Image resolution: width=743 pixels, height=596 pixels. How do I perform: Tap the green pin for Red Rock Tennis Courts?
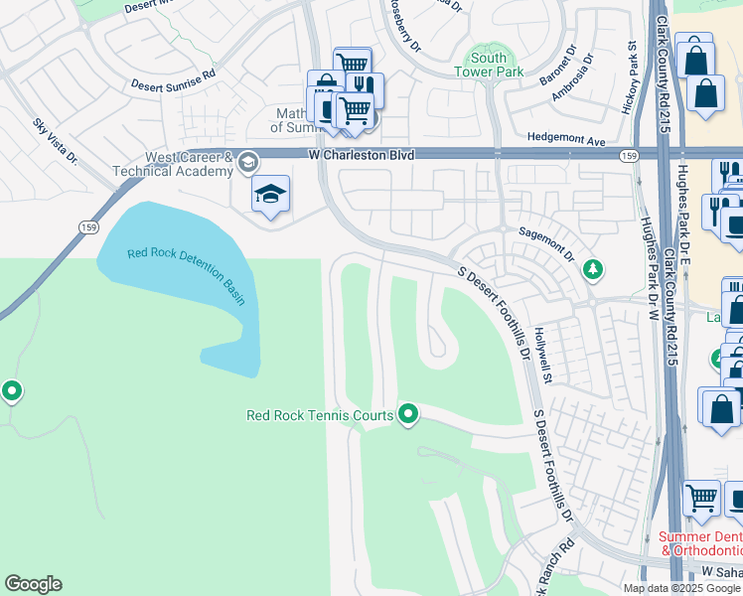click(x=406, y=413)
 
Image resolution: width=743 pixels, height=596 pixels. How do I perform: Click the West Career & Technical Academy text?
click(x=189, y=164)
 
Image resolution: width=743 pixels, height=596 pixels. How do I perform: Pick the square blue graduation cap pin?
click(x=270, y=195)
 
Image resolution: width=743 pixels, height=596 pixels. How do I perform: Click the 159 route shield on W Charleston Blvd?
click(x=629, y=156)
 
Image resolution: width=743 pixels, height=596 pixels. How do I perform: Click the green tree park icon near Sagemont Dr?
click(x=592, y=268)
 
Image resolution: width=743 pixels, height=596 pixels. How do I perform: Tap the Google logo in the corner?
click(x=33, y=584)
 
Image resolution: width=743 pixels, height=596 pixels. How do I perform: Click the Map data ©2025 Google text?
click(x=681, y=588)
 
